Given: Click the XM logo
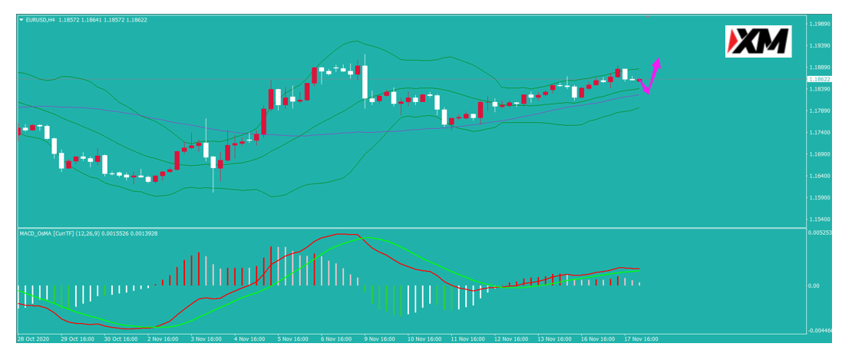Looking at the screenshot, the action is coord(758,41).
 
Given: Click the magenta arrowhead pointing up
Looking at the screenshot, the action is coord(657,62).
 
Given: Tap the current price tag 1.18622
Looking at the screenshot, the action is coord(820,79).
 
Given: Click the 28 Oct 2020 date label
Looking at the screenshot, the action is coord(33,339).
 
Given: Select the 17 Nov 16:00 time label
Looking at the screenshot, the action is coord(641,339).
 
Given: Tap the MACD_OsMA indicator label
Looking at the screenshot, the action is coord(35,233).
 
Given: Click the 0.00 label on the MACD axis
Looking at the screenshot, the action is coord(814,286).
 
